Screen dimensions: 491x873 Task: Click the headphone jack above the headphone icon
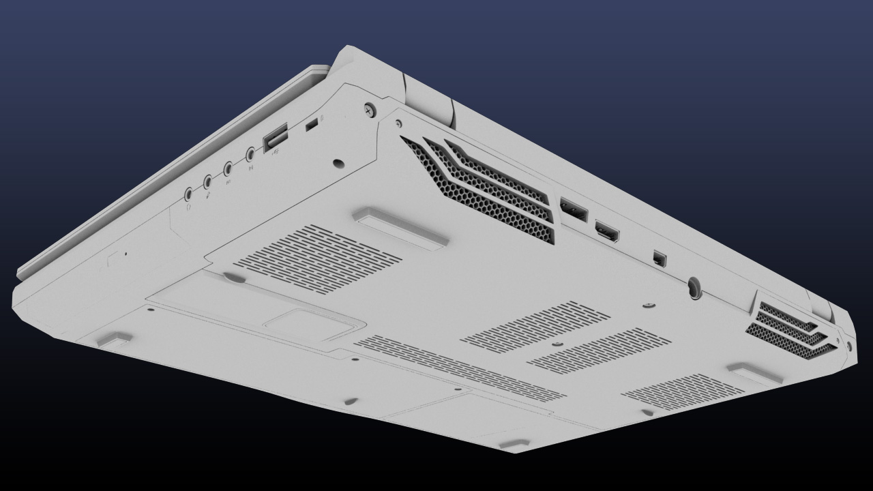pyautogui.click(x=188, y=194)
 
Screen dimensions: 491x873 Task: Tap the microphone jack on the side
pyautogui.click(x=208, y=181)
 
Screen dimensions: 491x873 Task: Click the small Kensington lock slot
pyautogui.click(x=312, y=125)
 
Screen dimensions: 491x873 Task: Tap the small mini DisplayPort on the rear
pyautogui.click(x=658, y=258)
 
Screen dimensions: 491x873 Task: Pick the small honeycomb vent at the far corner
pyautogui.click(x=791, y=329)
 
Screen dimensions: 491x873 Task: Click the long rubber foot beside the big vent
pyautogui.click(x=400, y=227)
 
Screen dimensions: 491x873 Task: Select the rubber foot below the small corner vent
pyautogui.click(x=754, y=372)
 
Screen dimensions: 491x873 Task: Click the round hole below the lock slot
pyautogui.click(x=338, y=164)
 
